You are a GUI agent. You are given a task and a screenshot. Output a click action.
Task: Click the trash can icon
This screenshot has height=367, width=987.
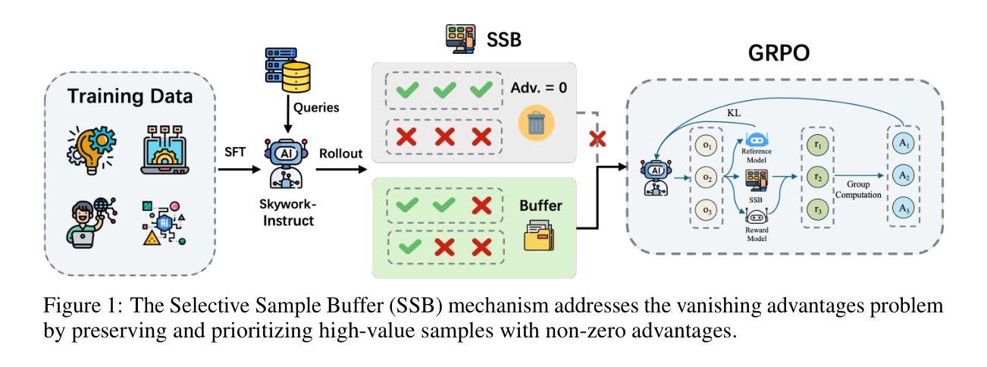pos(536,123)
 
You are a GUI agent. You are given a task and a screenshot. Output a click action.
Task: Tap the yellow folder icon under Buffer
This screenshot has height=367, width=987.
pos(539,236)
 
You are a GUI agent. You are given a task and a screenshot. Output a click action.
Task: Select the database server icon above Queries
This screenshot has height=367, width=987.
pos(288,70)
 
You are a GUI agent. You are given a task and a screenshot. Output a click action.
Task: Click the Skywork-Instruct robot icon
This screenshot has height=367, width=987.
pos(287,164)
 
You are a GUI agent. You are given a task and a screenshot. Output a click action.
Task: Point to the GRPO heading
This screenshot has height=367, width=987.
pos(779,53)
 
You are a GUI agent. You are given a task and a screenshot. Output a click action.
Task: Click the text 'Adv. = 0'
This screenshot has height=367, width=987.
pos(538,88)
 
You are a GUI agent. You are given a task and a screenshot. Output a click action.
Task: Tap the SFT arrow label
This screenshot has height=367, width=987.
pos(235,152)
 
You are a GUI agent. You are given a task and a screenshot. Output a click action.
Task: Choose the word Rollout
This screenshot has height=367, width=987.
pos(340,153)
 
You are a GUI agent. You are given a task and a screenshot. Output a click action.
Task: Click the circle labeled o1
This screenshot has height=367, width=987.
pos(707,146)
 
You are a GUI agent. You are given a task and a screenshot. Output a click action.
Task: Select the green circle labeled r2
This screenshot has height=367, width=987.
pos(818,177)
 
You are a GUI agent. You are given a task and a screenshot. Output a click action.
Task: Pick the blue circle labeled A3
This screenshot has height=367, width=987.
pos(904,209)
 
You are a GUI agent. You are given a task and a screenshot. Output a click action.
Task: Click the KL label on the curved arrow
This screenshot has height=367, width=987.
pos(734,113)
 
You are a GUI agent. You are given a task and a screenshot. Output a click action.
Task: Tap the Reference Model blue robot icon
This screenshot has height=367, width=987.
pos(757,140)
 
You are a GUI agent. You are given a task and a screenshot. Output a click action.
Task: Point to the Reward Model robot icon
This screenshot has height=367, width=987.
pos(757,216)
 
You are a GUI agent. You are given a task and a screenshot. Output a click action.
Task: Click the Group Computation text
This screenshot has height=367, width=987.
pos(858,190)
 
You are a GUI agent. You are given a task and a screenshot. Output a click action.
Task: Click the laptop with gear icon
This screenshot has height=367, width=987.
pos(164,150)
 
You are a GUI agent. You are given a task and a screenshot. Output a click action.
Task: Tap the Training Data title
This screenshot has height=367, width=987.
pos(130,96)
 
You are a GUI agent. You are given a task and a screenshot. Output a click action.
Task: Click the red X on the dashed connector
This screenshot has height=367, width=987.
pos(597,140)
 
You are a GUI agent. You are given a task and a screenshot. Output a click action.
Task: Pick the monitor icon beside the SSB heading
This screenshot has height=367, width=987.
pos(460,39)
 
